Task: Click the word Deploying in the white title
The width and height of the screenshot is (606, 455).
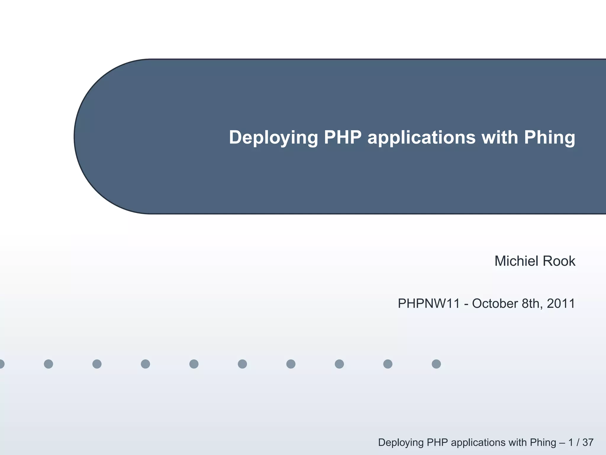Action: (x=273, y=138)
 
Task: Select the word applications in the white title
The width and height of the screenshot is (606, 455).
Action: (x=421, y=138)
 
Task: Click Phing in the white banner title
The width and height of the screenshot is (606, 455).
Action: (x=549, y=138)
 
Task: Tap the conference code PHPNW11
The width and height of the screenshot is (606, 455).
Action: (x=429, y=304)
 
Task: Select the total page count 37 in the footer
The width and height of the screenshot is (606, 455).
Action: (x=588, y=442)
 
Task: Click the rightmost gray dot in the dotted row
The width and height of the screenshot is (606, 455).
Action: (x=436, y=364)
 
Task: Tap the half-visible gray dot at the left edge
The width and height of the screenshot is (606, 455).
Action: (x=1, y=364)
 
